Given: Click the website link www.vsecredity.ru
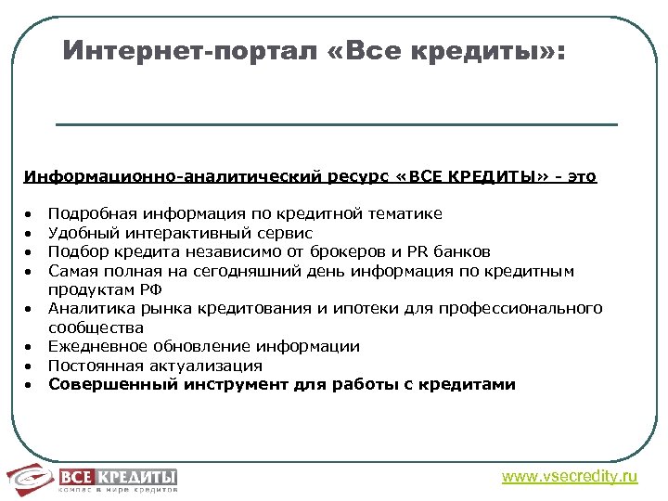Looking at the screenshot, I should tap(570, 477).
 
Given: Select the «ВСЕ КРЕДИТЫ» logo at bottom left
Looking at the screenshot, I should tap(92, 478).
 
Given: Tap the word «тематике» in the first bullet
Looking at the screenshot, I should tap(405, 213).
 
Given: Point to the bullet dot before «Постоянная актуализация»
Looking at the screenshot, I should tap(30, 366).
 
